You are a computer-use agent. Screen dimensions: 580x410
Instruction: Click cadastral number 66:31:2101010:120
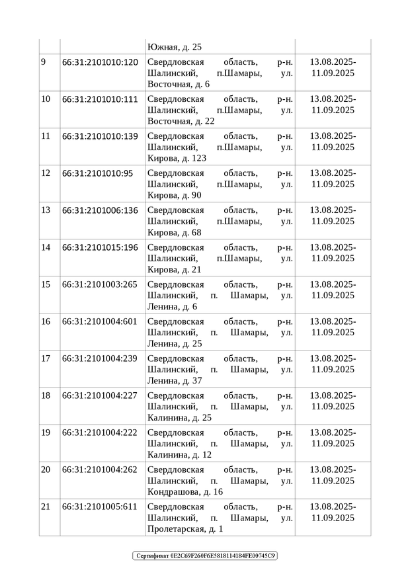[x=100, y=62]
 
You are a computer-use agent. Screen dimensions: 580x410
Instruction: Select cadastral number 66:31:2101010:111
[x=100, y=99]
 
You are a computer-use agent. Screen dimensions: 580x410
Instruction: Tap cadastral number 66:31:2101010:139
[x=100, y=136]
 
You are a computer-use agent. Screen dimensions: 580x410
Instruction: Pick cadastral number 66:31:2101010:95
[x=97, y=173]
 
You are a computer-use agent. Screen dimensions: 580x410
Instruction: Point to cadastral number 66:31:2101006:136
[x=100, y=210]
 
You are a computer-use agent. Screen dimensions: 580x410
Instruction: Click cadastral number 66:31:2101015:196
[x=100, y=247]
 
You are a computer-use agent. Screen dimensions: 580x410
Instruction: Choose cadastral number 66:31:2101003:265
[x=100, y=284]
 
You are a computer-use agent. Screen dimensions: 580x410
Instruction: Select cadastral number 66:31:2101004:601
[x=100, y=321]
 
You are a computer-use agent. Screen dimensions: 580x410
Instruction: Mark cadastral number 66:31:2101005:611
[x=100, y=507]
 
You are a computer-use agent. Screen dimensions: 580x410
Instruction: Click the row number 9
[x=44, y=62]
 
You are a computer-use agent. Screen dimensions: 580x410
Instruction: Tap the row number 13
[x=46, y=210]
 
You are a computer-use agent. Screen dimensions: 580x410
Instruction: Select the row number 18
[x=46, y=395]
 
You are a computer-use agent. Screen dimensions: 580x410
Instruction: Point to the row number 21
[x=46, y=507]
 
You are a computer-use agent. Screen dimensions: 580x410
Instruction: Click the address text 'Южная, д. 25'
[x=175, y=47]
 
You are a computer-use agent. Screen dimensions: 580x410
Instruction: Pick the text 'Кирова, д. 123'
[x=177, y=159]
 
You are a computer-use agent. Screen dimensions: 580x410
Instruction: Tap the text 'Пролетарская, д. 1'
[x=185, y=529]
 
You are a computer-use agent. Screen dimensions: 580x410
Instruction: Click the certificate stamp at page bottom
[x=205, y=556]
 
